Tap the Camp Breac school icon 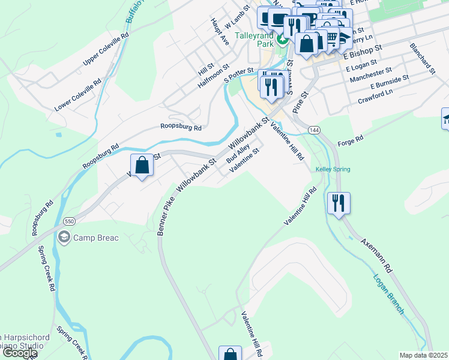coord(64,238)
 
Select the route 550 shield coord(70,220)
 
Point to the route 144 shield coord(314,130)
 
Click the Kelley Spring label coord(333,169)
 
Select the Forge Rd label coord(351,140)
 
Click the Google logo coord(19,353)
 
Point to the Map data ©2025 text coord(424,355)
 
